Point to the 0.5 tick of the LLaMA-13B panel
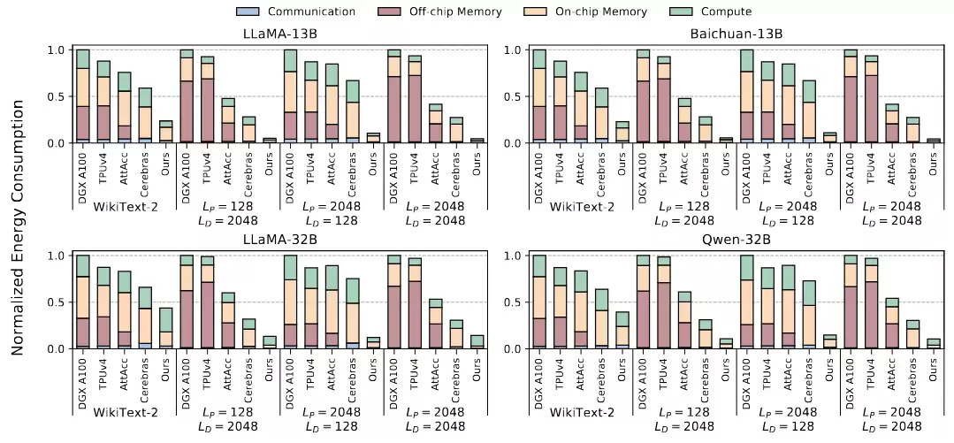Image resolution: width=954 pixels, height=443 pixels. pos(56,96)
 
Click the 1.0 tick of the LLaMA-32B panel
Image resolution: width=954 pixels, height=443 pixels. pos(56,256)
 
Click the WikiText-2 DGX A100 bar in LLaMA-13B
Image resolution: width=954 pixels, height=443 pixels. pos(83,96)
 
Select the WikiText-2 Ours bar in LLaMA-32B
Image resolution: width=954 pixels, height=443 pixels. pos(165,328)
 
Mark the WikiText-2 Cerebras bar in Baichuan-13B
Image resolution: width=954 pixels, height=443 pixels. pos(601,115)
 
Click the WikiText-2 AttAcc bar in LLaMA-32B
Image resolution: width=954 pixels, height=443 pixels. pos(125,309)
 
